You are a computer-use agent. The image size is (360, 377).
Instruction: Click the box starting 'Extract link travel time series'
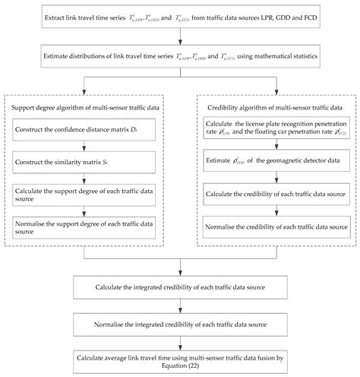pos(180,16)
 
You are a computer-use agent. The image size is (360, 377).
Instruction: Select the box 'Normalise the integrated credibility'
pos(180,322)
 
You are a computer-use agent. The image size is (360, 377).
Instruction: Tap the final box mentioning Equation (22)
pos(180,359)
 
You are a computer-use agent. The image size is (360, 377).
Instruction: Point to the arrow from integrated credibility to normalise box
pos(180,306)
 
